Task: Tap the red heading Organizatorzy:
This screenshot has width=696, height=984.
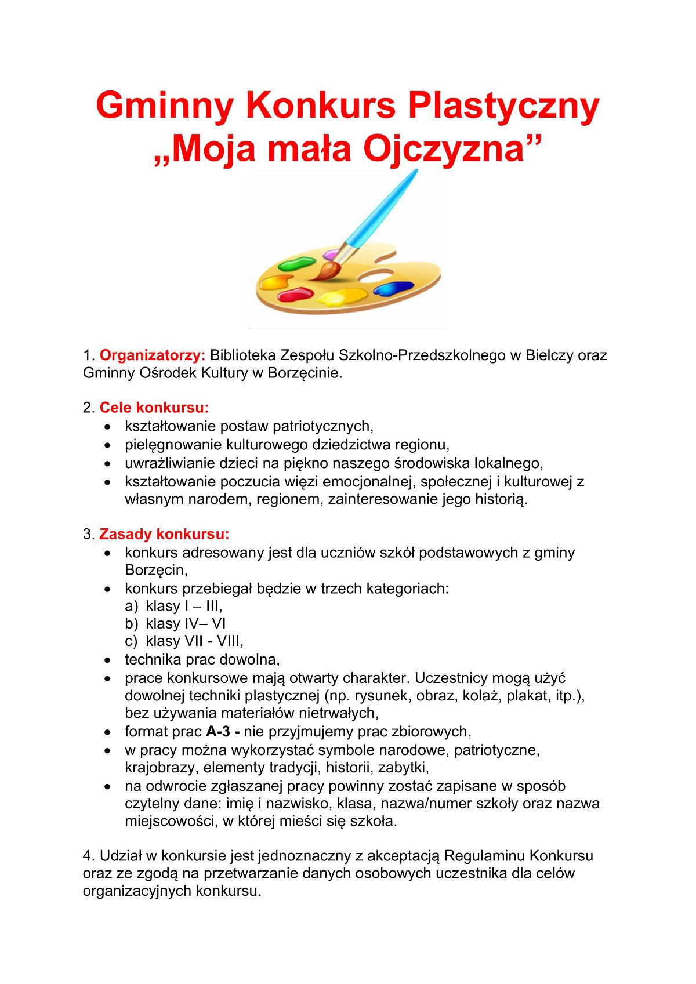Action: (x=153, y=355)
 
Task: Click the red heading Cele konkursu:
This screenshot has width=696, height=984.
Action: (x=154, y=407)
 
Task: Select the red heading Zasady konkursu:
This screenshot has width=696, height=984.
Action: (x=164, y=533)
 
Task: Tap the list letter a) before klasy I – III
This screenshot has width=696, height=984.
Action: (x=131, y=606)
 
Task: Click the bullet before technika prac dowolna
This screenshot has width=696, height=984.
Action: (x=107, y=660)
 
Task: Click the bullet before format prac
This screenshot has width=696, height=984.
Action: (x=107, y=732)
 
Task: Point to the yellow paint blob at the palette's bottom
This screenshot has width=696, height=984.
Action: (x=342, y=297)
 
